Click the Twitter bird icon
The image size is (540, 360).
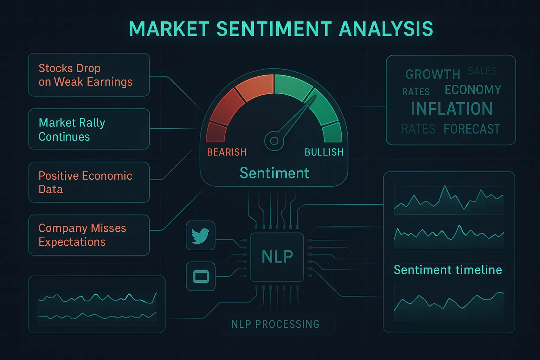200,235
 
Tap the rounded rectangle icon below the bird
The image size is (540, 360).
201,276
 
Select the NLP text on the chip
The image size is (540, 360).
277,257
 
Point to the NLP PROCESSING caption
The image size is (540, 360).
275,324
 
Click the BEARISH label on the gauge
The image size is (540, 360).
227,152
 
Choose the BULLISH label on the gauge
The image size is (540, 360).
324,152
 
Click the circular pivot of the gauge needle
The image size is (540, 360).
274,141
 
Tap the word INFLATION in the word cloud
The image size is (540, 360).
452,109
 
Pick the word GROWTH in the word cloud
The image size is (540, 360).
432,75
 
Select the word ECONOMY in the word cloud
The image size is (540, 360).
473,90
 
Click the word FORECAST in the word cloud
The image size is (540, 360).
471,129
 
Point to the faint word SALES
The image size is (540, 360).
482,71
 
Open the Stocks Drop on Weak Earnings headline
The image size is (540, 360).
85,75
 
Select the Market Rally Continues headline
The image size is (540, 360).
72,129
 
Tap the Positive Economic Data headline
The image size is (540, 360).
85,182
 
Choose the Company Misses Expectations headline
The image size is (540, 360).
82,235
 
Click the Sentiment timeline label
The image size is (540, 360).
448,270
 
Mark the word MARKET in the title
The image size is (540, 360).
169,29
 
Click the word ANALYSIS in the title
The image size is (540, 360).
386,29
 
